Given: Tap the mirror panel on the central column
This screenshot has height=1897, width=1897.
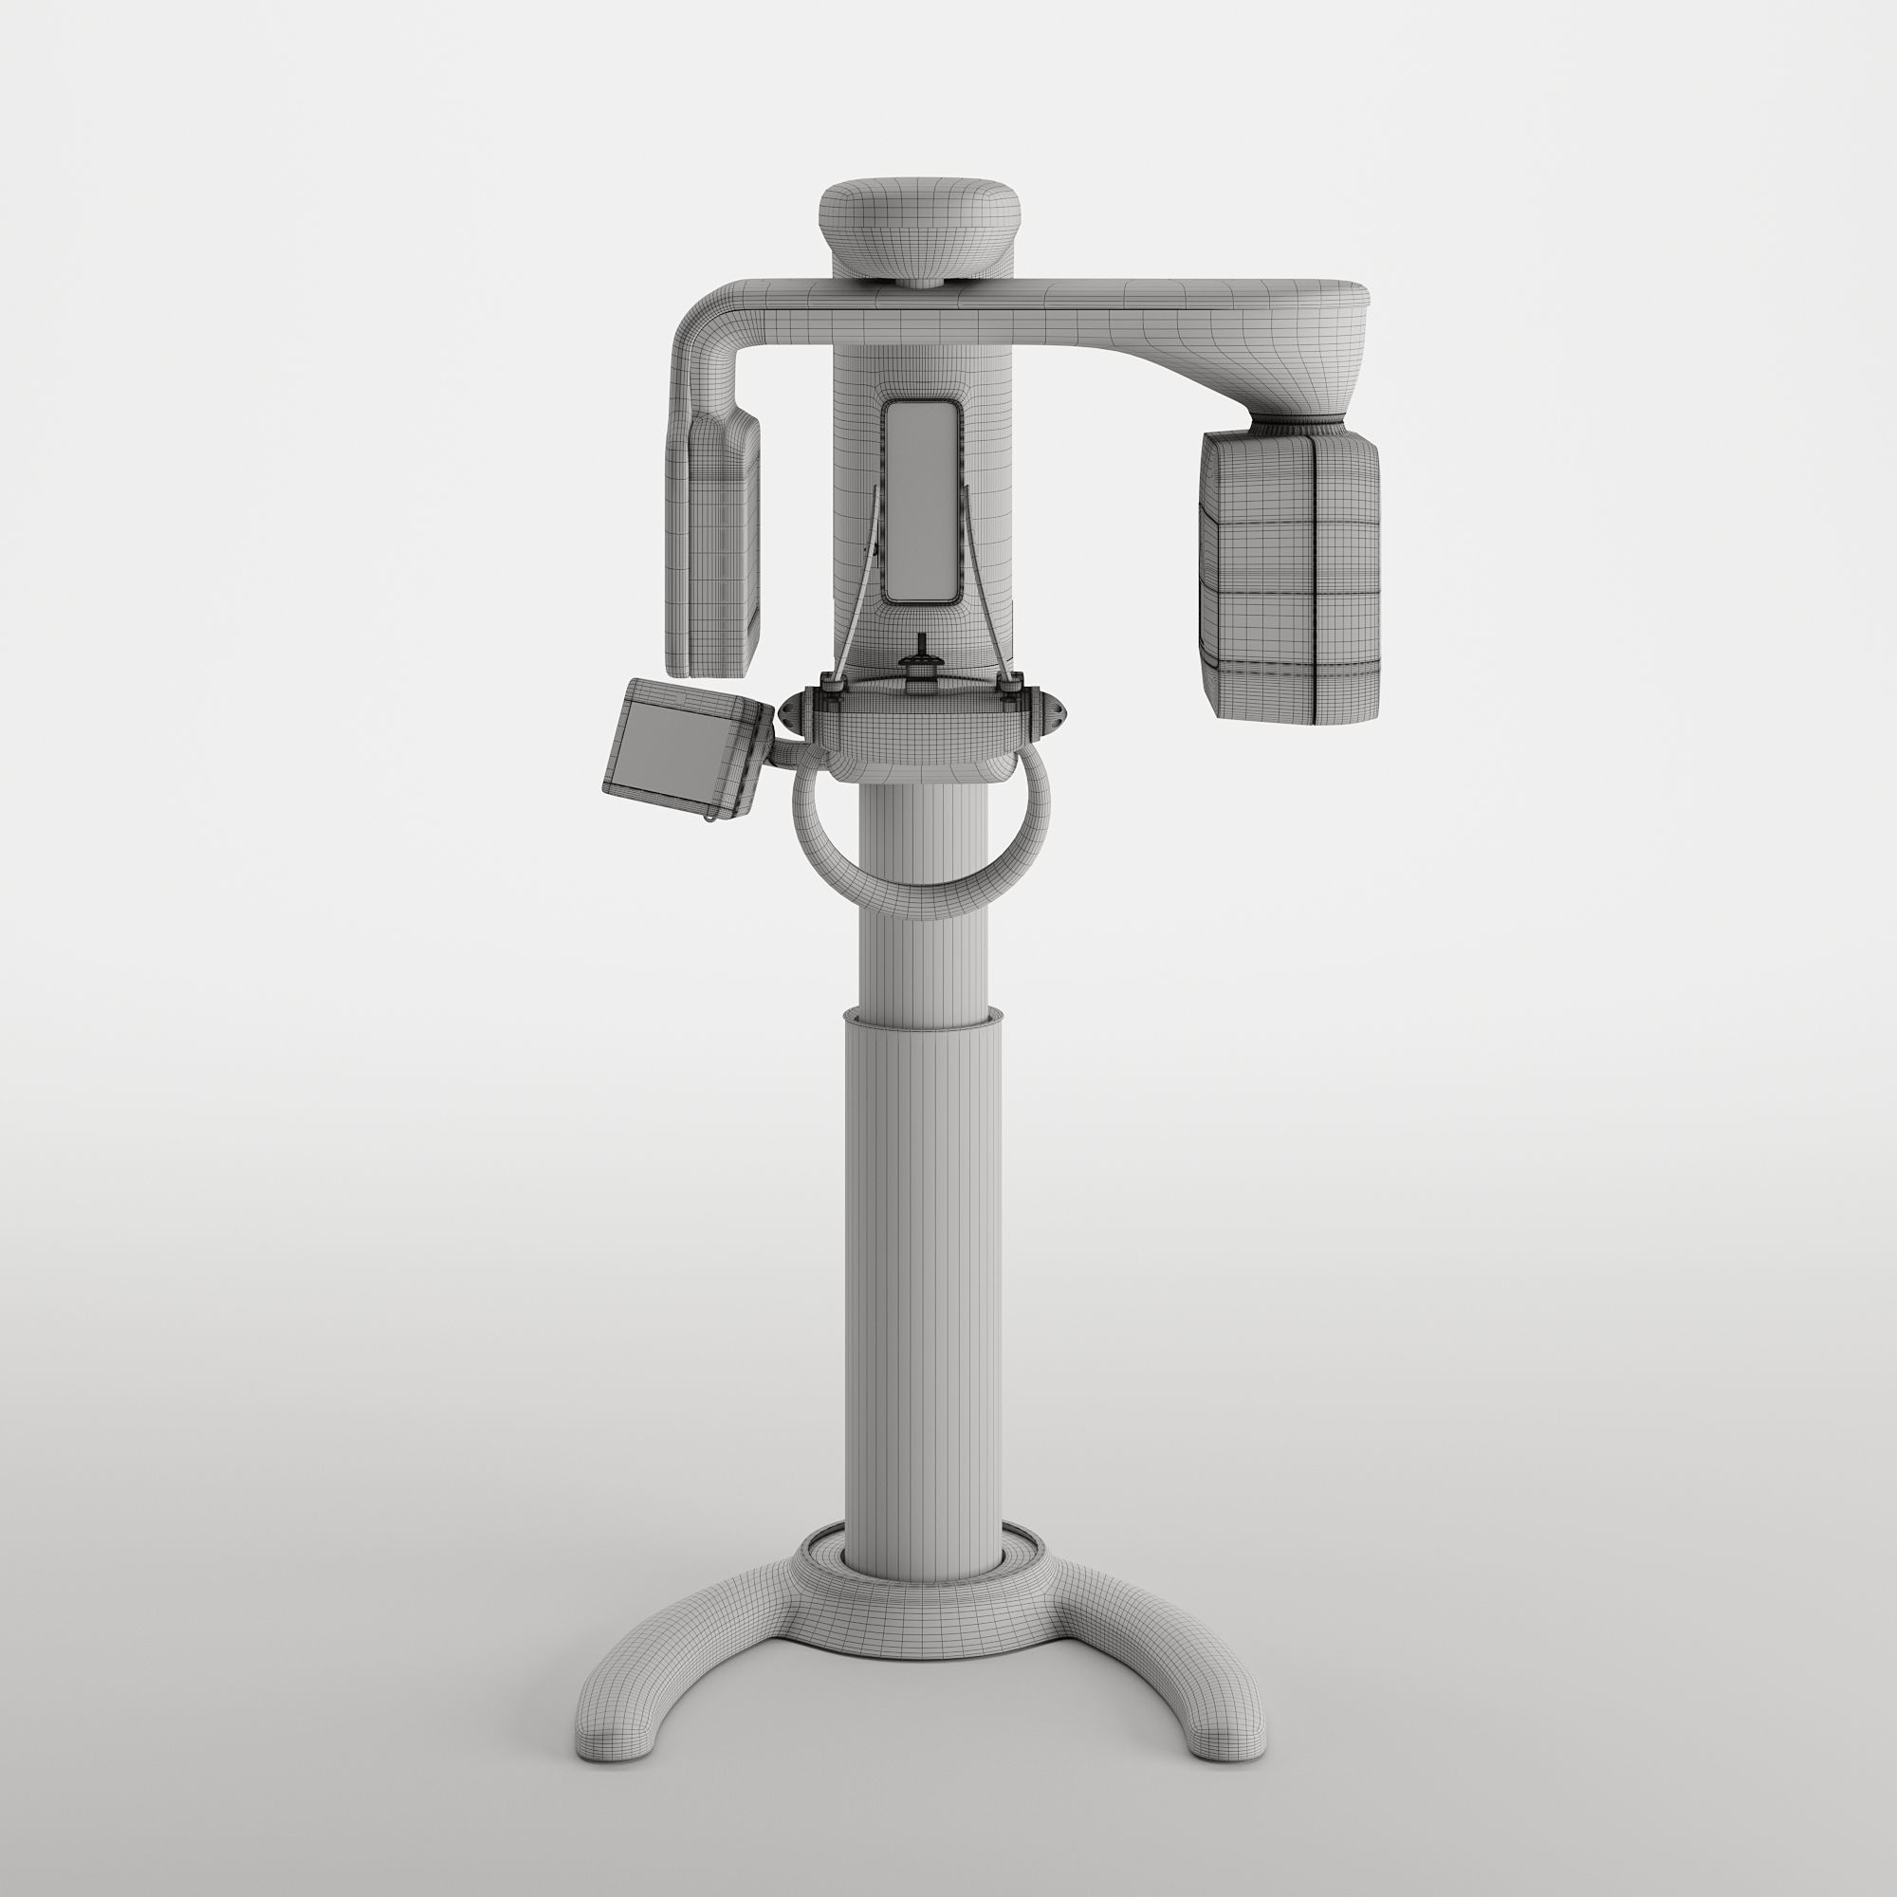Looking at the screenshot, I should pyautogui.click(x=919, y=500).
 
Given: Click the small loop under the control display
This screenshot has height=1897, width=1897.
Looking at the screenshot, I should pyautogui.click(x=708, y=815).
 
